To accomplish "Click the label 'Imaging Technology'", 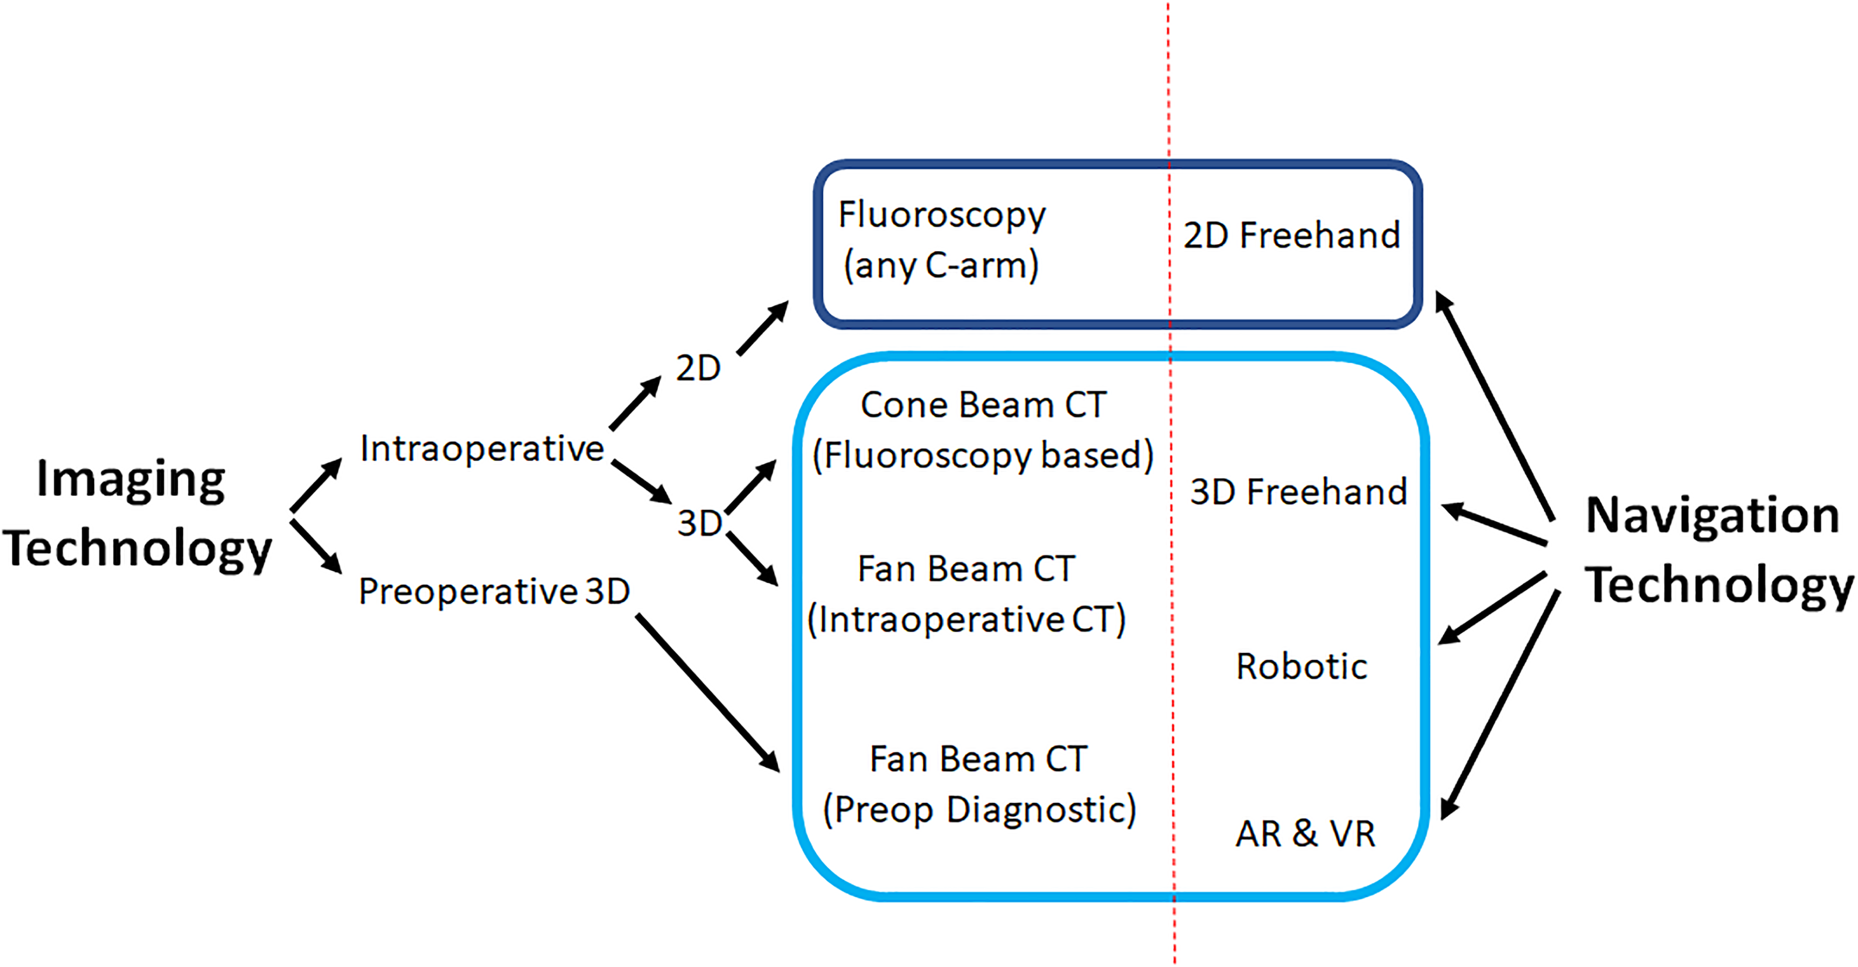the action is [x=137, y=514].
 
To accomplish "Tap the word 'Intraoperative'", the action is [x=482, y=449].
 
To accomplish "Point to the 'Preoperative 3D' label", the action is [x=494, y=592].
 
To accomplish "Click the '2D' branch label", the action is [x=698, y=369].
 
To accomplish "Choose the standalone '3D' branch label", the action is [x=699, y=523].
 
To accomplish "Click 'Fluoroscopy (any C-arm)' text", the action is [x=942, y=240].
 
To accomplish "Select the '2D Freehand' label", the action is [x=1292, y=235].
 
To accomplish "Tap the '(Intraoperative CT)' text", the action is [x=966, y=619].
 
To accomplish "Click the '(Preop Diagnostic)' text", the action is [x=979, y=810].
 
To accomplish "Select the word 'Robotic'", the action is [x=1302, y=666].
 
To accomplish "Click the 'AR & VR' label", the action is [x=1305, y=834].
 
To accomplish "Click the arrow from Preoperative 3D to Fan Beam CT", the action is [x=708, y=694].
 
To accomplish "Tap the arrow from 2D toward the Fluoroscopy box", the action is [x=763, y=328].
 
